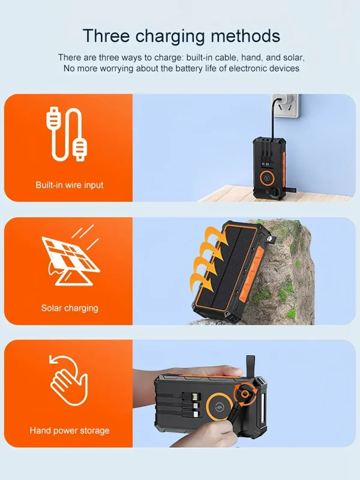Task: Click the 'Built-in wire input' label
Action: click(x=69, y=185)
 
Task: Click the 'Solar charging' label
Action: click(x=69, y=308)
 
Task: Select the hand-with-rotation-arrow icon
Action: click(x=68, y=383)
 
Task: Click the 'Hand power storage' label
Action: click(x=69, y=430)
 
